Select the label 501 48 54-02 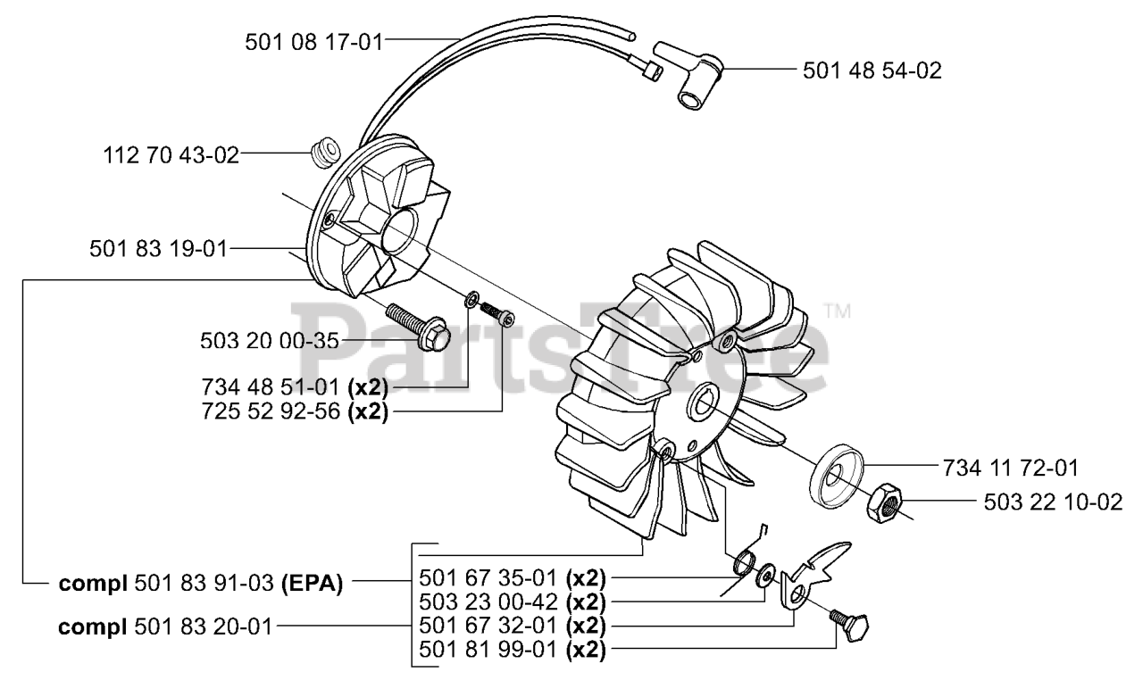pyautogui.click(x=872, y=70)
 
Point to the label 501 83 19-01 pyautogui.click(x=158, y=249)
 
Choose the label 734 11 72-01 pyautogui.click(x=1009, y=467)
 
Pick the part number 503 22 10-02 pyautogui.click(x=1053, y=502)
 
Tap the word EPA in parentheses pyautogui.click(x=313, y=585)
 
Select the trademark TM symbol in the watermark pyautogui.click(x=836, y=311)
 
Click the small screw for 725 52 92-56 pyautogui.click(x=498, y=313)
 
